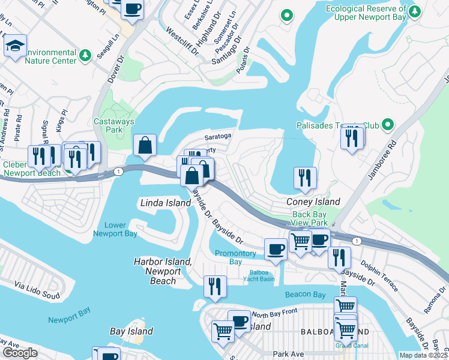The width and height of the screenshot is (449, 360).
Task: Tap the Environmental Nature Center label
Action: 50,56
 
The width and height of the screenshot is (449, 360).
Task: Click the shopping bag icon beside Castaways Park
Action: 145,145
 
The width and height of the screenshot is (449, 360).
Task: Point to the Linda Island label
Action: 163,203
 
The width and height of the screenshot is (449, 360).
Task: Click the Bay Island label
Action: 131,331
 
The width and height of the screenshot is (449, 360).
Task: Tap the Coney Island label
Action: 315,202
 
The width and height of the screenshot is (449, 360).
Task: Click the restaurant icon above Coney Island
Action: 305,178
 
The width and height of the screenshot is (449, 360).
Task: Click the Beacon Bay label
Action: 305,295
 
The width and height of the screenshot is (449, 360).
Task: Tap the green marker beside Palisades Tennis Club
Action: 387,125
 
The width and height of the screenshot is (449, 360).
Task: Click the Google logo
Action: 20,353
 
